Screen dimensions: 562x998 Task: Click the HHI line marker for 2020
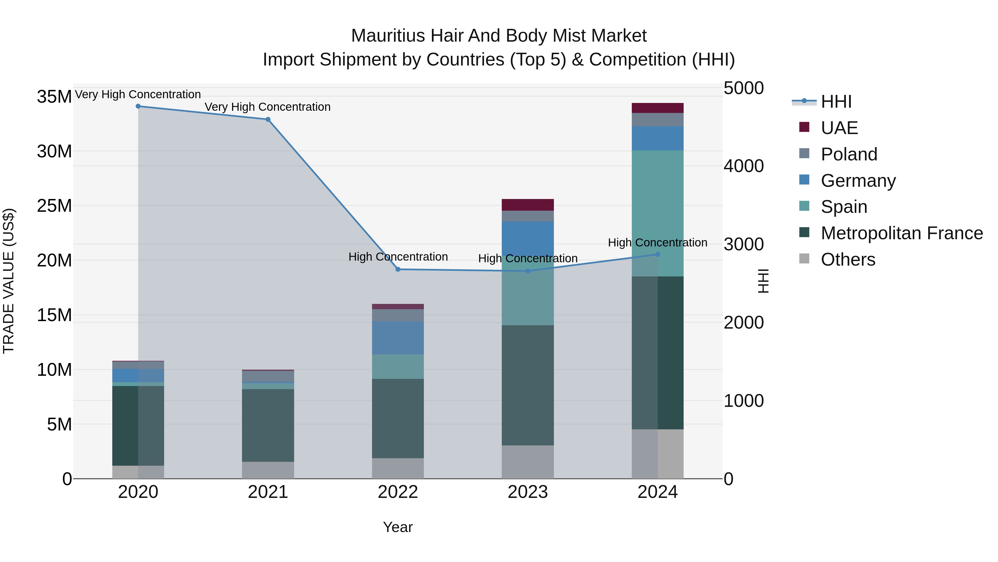coord(138,106)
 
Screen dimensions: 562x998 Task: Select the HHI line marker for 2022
coord(398,269)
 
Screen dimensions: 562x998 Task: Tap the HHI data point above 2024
coord(658,254)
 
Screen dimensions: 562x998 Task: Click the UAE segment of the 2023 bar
coord(528,205)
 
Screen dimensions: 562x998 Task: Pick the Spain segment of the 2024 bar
coord(658,213)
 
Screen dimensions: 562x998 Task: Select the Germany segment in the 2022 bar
coord(398,338)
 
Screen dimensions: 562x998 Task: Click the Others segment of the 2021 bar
coord(268,470)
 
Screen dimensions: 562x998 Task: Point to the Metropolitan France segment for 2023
coord(528,385)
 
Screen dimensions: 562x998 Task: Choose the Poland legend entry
coord(849,154)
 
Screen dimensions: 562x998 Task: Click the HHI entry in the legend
coord(836,102)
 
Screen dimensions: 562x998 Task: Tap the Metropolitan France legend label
coord(902,233)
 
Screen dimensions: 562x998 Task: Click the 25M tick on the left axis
coord(54,206)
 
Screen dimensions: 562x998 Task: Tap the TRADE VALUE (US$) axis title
coord(9,281)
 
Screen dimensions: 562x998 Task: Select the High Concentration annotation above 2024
coord(658,243)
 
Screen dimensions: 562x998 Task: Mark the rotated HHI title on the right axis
coord(763,281)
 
